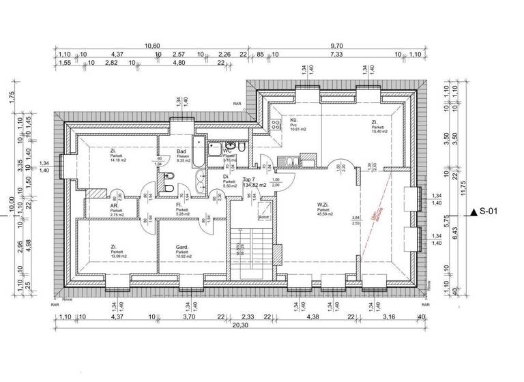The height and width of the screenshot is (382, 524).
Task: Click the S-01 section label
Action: pos(493,212)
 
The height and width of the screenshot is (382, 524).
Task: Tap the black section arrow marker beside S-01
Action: pos(474,212)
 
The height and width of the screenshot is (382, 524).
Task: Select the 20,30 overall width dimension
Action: pos(239,325)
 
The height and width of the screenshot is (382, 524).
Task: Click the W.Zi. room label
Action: pos(323,204)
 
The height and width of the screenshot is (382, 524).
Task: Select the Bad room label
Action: pos(181,151)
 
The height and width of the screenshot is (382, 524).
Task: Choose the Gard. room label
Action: pos(182,247)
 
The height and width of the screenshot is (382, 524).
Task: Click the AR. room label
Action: pos(115,205)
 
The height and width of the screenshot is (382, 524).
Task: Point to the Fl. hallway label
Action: pos(179,205)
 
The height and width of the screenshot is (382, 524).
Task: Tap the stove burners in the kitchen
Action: pos(276,126)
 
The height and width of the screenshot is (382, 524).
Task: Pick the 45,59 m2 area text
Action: pos(325,216)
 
